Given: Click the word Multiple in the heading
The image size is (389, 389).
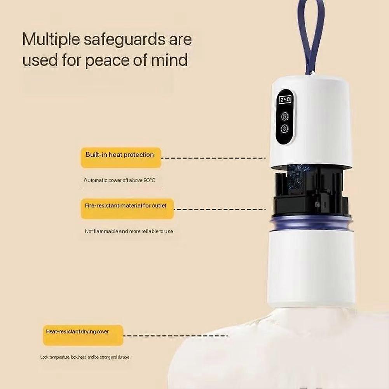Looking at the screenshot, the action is [51, 40].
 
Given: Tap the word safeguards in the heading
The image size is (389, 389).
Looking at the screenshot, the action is [124, 40].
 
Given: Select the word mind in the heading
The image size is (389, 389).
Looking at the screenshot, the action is [169, 59].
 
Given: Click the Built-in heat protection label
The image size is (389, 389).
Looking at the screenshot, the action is [121, 157].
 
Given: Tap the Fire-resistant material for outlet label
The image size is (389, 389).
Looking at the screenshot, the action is [127, 209].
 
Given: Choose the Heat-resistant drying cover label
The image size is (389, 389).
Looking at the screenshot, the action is [83, 335].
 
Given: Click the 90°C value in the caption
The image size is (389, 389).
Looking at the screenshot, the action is [149, 180].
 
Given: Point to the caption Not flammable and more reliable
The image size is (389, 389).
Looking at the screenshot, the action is [129, 232].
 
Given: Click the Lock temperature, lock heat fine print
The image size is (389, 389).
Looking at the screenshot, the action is [85, 357].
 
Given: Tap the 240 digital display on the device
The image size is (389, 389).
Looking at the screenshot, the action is [285, 100].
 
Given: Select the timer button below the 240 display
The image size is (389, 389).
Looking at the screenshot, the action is [285, 116].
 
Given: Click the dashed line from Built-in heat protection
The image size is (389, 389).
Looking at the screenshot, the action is [213, 158].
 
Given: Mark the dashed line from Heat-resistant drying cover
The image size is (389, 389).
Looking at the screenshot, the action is [175, 336].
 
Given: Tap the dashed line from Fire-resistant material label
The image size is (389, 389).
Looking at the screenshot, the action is [220, 209].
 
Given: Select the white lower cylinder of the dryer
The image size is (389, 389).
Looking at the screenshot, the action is [311, 267].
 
